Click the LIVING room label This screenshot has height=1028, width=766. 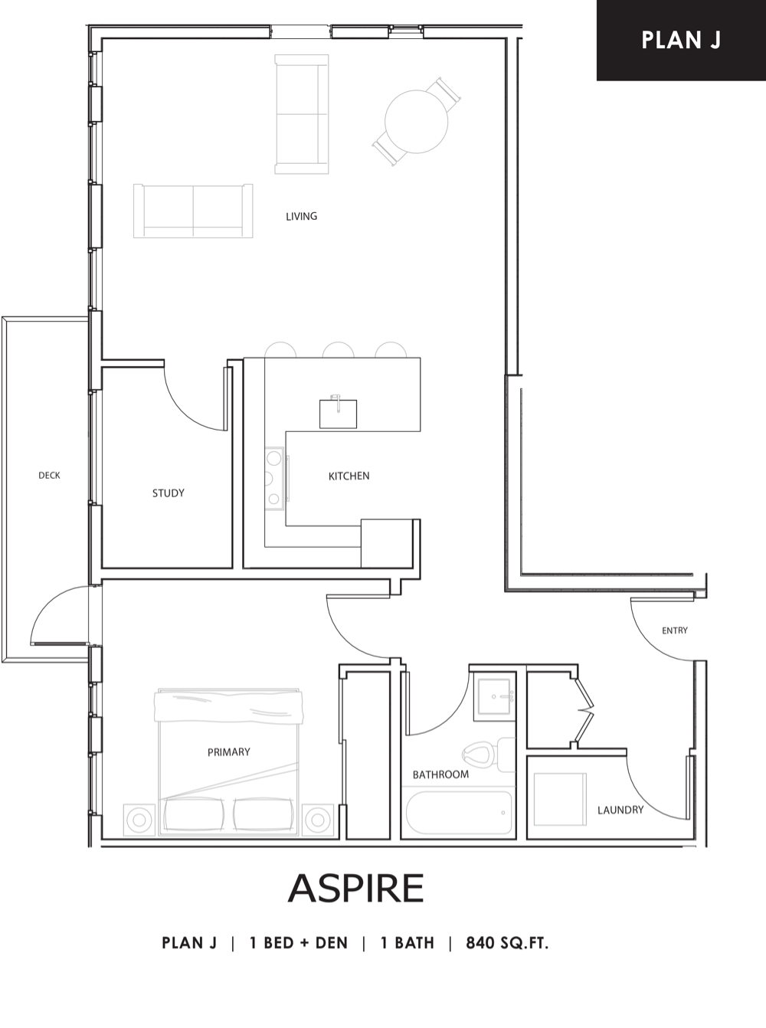tap(301, 217)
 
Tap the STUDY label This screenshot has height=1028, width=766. tap(169, 493)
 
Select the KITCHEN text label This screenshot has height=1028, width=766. tap(349, 476)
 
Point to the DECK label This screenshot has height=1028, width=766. tap(49, 476)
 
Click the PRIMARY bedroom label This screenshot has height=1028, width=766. tap(228, 752)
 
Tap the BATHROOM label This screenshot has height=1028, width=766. tap(440, 774)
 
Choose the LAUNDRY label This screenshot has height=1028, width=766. tap(620, 810)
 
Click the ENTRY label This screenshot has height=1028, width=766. tap(675, 630)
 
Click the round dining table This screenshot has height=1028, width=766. tap(417, 122)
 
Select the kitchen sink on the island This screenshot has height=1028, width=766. tap(338, 414)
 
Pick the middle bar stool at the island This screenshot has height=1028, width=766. tap(339, 350)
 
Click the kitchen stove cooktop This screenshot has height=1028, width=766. tap(274, 478)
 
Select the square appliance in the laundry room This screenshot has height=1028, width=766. tap(560, 799)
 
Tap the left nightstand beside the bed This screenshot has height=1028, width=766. tap(139, 820)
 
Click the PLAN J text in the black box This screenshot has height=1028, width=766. tap(681, 41)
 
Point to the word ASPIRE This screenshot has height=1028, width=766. tap(355, 888)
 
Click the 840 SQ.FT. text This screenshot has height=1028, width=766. tap(507, 943)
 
